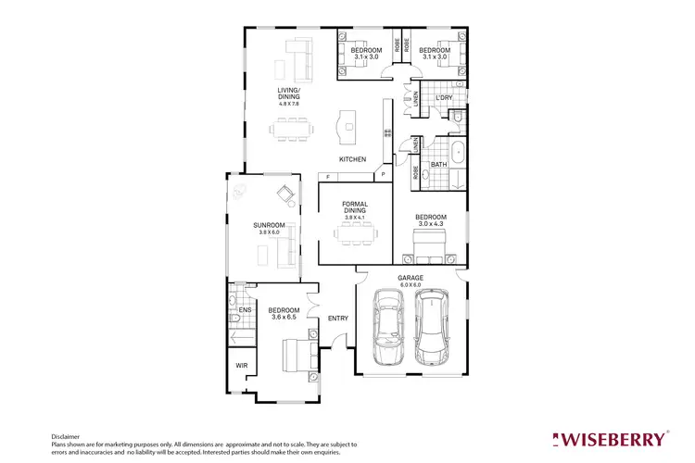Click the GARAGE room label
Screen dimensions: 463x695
pos(411,277)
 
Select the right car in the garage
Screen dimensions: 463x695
pos(432,328)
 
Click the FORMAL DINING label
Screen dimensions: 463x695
pos(355,206)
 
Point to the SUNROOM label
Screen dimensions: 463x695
pos(269,225)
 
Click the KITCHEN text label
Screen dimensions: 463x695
pos(352,159)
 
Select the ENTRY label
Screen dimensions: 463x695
pos(337,319)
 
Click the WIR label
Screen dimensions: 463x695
pos(241,366)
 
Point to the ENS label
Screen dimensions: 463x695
pos(245,310)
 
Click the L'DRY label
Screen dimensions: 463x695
pos(443,96)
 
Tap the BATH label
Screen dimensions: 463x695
pos(438,165)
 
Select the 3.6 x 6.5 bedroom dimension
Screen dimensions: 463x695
pos(283,318)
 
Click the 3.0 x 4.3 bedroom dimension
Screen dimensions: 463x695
pos(431,223)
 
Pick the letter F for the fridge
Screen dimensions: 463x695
pos(326,175)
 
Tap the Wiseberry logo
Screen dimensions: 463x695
pos(609,437)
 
